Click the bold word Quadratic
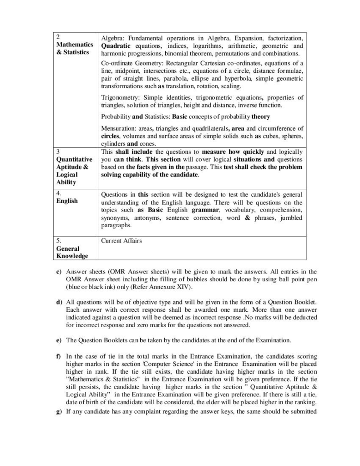click(x=116, y=46)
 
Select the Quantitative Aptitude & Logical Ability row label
click(x=74, y=171)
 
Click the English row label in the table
click(x=67, y=201)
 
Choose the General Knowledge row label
click(x=72, y=252)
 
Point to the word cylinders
click(x=113, y=144)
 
